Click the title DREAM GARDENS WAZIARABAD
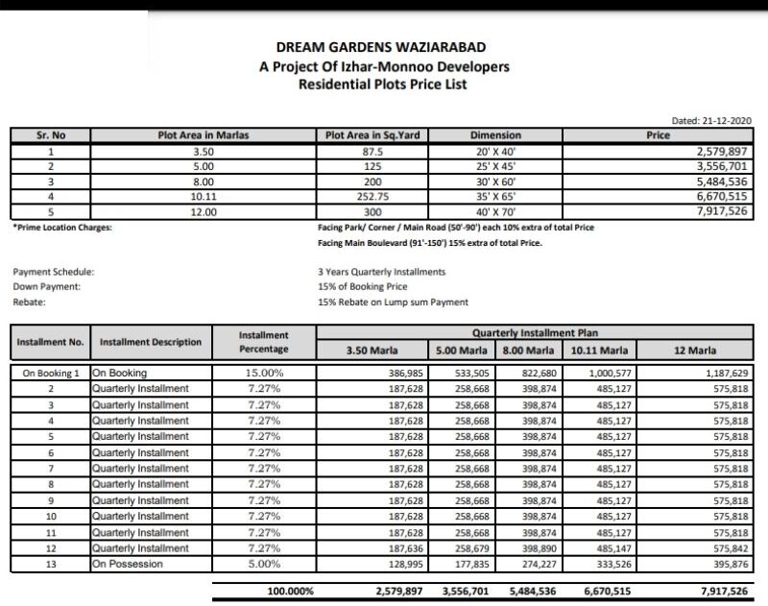click(383, 48)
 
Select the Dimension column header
click(495, 136)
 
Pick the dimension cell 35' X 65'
click(495, 197)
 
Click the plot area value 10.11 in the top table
click(203, 197)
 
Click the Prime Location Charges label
click(62, 228)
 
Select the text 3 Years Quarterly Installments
click(381, 272)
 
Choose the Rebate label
click(30, 302)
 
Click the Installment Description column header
click(151, 342)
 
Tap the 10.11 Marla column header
click(600, 351)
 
